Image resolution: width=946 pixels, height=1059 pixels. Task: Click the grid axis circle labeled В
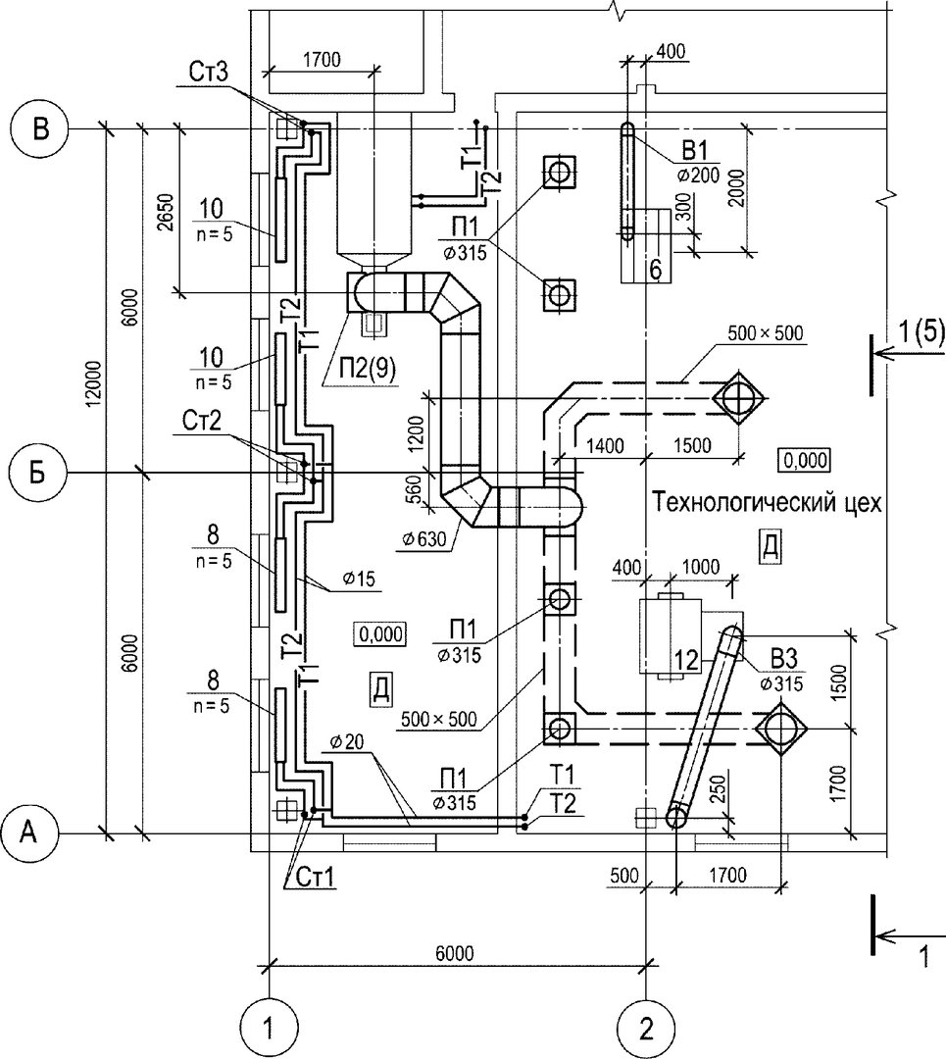coord(40,129)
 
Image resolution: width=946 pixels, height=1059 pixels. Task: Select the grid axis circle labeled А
coord(29,834)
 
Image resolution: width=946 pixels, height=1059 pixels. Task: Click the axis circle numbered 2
coord(646,1030)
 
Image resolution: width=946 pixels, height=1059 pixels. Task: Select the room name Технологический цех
coord(767,503)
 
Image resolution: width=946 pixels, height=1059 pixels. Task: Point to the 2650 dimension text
coord(166,213)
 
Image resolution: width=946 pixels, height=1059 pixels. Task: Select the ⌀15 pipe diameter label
coord(359,579)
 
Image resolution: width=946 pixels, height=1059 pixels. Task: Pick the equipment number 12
coord(687,660)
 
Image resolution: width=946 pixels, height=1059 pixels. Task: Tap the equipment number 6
coord(654,270)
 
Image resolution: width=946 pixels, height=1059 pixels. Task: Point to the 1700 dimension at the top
coord(321,60)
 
